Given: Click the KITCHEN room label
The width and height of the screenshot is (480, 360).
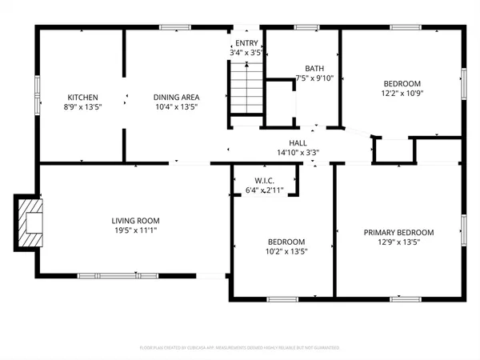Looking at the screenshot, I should coord(82,97).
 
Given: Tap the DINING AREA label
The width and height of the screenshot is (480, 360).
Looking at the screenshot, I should coord(175,97).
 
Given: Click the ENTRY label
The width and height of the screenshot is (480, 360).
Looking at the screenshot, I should coord(246,43).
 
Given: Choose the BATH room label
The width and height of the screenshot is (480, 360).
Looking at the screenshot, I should coord(314,69).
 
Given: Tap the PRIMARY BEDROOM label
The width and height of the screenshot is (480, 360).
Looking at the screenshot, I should coord(398,233).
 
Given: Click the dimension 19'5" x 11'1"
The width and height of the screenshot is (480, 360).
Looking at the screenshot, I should coord(135,230).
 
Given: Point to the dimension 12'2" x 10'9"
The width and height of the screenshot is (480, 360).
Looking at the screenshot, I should coord(401,93).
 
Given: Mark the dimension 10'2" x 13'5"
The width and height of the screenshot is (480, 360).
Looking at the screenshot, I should coord(286,251).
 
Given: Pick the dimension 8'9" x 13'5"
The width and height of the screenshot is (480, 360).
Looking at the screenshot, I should coord(82,106).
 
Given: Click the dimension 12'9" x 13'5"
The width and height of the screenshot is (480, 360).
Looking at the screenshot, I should coord(398,242).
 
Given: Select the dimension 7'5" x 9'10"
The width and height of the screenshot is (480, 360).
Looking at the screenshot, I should coord(314,78).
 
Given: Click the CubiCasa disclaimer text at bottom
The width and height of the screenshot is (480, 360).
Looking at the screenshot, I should coord(239,348).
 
